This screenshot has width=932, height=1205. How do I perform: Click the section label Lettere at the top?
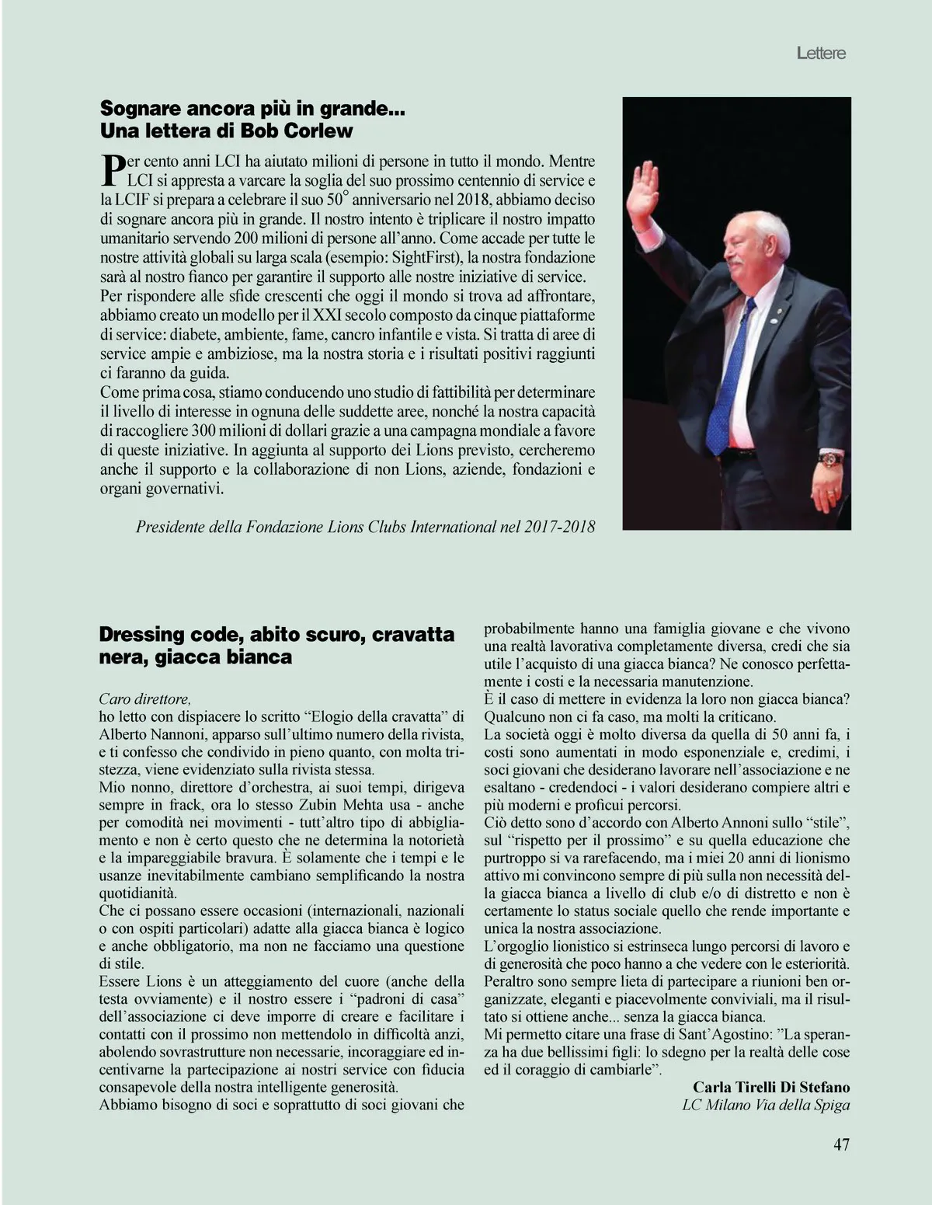[x=821, y=54]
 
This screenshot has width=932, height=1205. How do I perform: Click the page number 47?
[x=841, y=1144]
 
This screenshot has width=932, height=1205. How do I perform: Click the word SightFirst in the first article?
[x=416, y=257]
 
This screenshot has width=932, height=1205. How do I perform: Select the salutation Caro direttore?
[x=144, y=698]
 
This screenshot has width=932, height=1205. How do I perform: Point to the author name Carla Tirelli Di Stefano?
[x=771, y=1087]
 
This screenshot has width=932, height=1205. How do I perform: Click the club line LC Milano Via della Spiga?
[x=766, y=1105]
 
